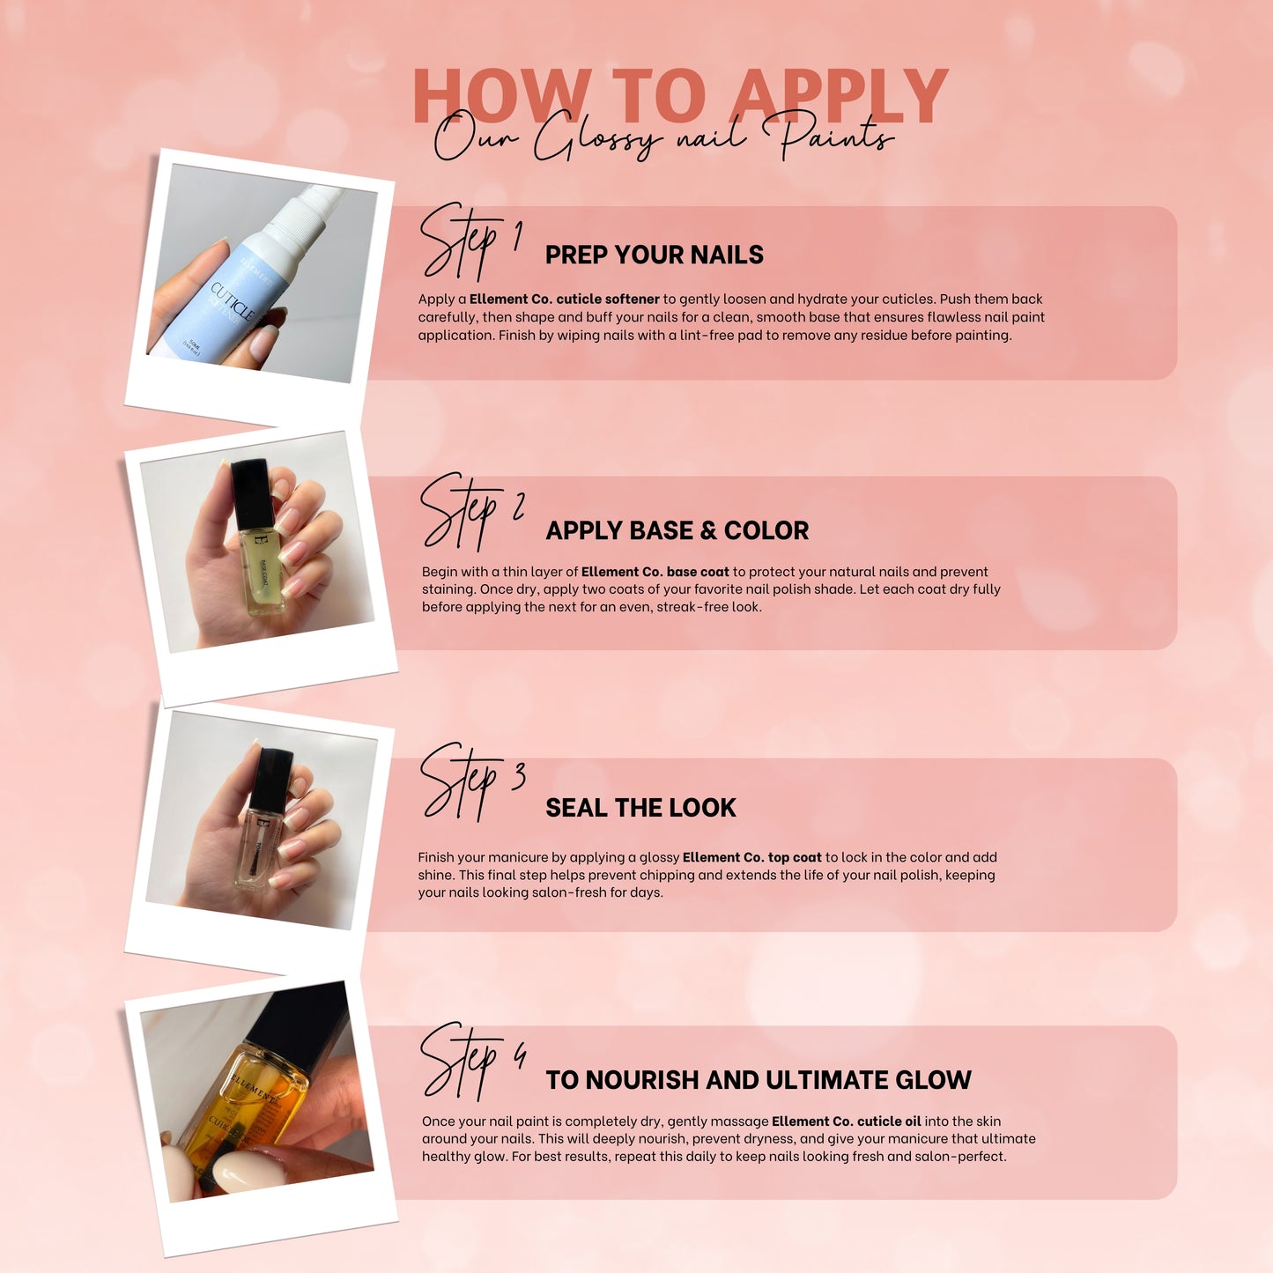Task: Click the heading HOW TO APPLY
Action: point(680,95)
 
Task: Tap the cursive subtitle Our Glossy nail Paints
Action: point(664,137)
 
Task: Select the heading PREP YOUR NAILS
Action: point(654,255)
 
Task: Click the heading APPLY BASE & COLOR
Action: point(677,530)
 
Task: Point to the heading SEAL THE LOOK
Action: point(640,807)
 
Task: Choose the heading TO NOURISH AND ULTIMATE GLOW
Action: point(759,1079)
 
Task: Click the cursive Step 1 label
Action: point(471,241)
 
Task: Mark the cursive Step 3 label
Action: point(473,782)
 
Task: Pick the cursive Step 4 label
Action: point(474,1062)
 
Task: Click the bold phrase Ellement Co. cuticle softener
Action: point(564,299)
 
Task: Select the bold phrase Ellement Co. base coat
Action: point(655,572)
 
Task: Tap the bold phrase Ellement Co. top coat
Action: point(751,857)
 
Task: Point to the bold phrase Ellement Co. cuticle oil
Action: point(847,1121)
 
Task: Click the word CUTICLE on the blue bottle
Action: point(233,301)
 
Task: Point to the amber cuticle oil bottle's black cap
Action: point(300,1024)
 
